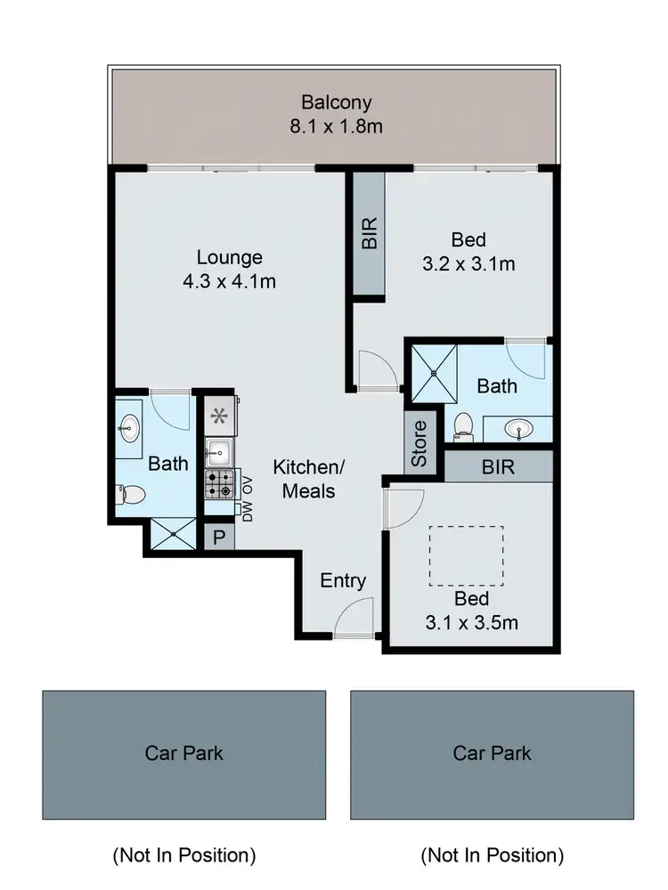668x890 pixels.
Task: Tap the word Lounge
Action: coord(230,257)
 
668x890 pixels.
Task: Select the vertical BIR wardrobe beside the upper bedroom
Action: coord(370,233)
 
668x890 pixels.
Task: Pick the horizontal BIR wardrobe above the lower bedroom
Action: coord(498,465)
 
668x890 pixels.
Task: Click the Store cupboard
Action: coord(420,442)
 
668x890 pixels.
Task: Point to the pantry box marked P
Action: coord(219,537)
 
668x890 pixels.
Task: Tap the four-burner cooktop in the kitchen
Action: coord(218,485)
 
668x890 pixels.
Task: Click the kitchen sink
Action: coord(218,452)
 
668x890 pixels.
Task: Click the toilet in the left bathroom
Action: coord(129,494)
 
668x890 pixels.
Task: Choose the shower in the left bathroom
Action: coord(172,535)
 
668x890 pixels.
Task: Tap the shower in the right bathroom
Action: coord(434,373)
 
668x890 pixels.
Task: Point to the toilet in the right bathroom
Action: coord(462,425)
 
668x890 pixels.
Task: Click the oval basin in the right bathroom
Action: coord(521,429)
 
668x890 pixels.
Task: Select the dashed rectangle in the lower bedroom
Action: coord(466,555)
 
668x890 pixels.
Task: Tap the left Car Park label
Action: coord(183,754)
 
